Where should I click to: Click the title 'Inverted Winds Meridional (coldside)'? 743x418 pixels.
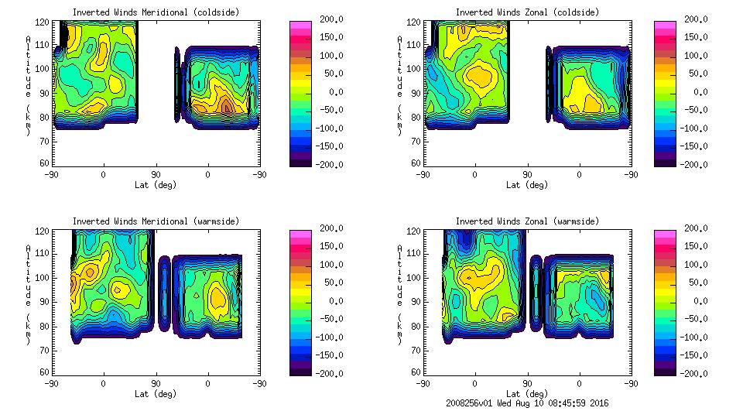click(x=156, y=12)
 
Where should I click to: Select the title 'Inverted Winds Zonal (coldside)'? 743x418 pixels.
click(x=527, y=12)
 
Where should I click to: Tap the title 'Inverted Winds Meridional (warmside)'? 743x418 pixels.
click(x=156, y=221)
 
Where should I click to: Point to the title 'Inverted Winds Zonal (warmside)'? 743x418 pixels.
click(x=527, y=221)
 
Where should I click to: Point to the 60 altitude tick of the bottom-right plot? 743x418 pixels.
click(x=416, y=372)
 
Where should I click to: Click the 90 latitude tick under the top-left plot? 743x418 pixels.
click(x=156, y=174)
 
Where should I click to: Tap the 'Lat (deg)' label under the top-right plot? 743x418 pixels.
click(x=527, y=184)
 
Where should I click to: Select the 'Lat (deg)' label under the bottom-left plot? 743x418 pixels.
click(x=156, y=393)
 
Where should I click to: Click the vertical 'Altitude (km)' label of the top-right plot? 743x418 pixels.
click(x=400, y=85)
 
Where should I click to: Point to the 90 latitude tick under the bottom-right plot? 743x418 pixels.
click(x=527, y=383)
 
